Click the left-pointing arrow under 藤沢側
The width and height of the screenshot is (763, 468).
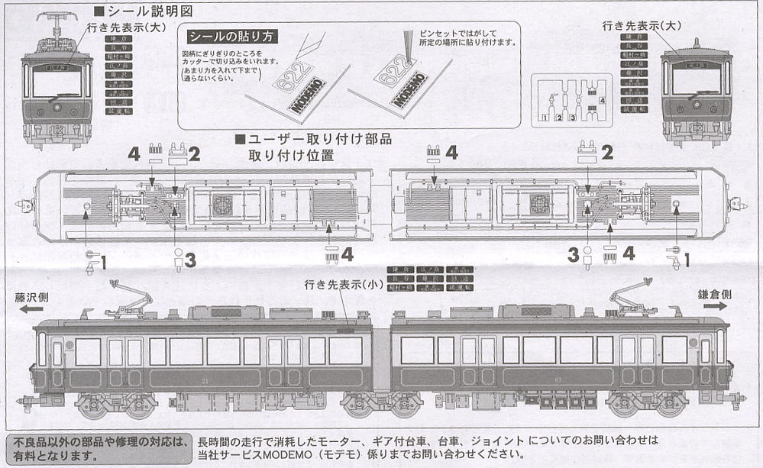31,309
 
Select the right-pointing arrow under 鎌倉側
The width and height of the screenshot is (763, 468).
715,305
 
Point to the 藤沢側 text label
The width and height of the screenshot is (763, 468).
31,297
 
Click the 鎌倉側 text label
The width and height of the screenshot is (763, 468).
715,294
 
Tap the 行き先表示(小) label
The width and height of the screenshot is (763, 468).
341,284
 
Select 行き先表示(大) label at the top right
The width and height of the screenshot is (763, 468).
641,26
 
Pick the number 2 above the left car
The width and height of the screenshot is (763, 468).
194,154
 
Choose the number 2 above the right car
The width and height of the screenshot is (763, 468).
607,152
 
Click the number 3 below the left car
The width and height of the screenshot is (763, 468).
190,260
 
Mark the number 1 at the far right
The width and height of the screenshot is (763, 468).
686,260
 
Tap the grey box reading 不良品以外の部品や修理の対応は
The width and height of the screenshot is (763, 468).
98,449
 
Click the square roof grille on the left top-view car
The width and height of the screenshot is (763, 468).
222,204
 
